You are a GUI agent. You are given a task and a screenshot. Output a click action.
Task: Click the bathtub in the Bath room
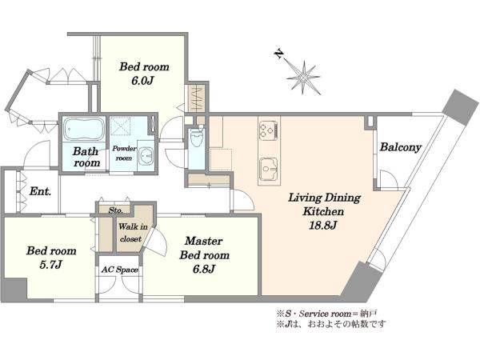pos(84,129)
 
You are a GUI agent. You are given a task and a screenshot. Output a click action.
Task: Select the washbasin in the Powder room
pos(146,155)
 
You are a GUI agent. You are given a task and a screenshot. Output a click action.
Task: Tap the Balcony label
pos(401,147)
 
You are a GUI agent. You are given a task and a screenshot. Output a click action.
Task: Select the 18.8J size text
pos(323,226)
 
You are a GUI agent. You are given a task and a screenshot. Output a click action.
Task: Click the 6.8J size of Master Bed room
pos(204,269)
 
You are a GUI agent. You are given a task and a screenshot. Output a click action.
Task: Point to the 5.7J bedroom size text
pos(51,265)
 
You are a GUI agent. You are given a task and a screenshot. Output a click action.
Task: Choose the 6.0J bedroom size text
pos(143,81)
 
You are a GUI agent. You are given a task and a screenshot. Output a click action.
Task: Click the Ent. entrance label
pos(40,192)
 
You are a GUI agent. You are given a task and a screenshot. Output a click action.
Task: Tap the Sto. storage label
pos(116,210)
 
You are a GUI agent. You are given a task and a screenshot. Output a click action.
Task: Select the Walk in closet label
pos(132,233)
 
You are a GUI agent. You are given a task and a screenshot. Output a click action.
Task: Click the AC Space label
pos(120,270)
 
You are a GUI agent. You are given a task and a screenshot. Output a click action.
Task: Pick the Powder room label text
pos(124,153)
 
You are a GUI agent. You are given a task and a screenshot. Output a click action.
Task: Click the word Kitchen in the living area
pos(323,211)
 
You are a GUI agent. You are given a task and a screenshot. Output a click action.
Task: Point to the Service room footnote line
pos(326,314)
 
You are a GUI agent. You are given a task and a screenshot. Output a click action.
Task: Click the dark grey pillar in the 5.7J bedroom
pos(14,289)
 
